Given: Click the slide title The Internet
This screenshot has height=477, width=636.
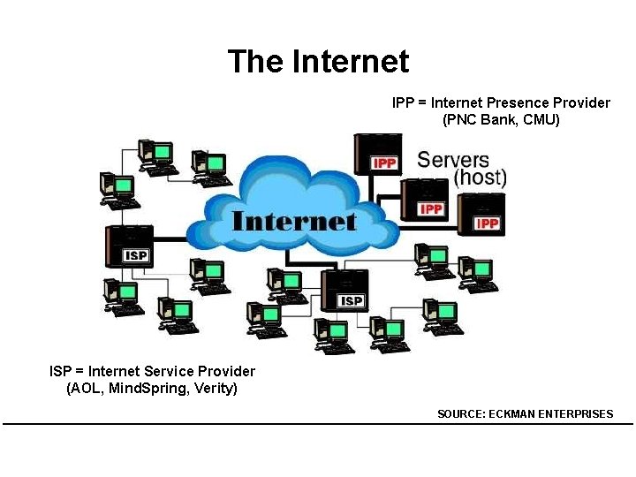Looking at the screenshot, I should (x=318, y=62).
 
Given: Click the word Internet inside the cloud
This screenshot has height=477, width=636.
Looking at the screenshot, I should (x=293, y=221).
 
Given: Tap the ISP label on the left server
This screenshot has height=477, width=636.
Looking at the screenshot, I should (x=136, y=256).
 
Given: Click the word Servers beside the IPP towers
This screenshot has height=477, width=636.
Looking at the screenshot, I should (x=453, y=160).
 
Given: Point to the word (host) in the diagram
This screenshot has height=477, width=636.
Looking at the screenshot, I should (x=480, y=178).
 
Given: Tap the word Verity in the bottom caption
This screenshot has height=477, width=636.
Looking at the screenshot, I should (x=215, y=388).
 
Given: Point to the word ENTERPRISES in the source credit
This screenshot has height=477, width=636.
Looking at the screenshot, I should (x=577, y=413).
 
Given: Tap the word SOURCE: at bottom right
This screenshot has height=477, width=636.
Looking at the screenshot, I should (x=461, y=413).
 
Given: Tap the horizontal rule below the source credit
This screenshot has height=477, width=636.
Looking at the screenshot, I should (x=318, y=424).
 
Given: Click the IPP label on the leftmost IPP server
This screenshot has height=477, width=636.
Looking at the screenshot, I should (x=384, y=163).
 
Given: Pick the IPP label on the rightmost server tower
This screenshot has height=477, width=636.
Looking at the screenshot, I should (x=488, y=223).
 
